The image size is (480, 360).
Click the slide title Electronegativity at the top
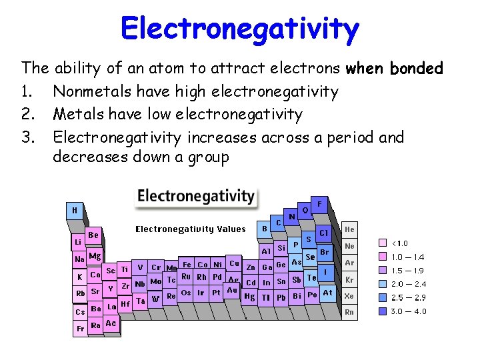240,29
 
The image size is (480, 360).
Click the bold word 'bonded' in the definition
417,68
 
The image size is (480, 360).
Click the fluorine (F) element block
320,204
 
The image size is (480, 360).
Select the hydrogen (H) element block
75,210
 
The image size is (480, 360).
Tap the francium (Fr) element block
80,328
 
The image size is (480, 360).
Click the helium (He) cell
350,229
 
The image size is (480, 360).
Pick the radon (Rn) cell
350,311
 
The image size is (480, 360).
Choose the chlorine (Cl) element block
324,233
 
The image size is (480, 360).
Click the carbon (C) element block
278,222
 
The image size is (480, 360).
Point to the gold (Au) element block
231,290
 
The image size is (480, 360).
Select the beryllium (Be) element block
93,235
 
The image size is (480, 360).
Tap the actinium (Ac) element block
111,323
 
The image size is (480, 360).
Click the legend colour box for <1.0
383,243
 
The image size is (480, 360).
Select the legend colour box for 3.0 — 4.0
383,311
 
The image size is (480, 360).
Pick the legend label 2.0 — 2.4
408,284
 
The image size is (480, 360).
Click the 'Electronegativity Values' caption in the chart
191,229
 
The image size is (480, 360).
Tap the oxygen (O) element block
305,209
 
